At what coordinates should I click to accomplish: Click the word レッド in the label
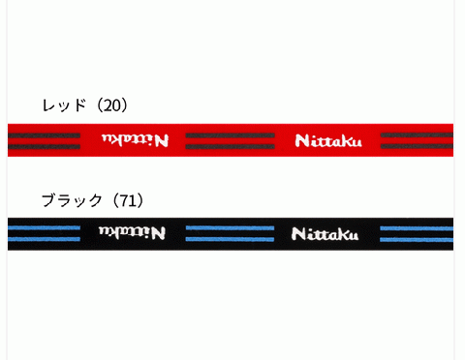(x=64, y=105)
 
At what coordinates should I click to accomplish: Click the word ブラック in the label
(x=72, y=200)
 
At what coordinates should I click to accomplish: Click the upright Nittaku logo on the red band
(x=328, y=142)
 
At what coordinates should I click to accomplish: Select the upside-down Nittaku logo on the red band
(x=133, y=140)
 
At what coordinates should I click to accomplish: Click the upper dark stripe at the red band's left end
(x=44, y=135)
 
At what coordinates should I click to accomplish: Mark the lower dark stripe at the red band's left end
(x=44, y=148)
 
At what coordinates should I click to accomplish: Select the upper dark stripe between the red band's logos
(x=230, y=135)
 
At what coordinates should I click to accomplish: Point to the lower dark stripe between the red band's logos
(x=230, y=148)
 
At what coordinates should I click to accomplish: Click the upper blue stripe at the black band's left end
(x=44, y=228)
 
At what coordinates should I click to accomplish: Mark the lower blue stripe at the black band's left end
(x=44, y=238)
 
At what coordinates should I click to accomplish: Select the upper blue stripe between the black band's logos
(x=230, y=228)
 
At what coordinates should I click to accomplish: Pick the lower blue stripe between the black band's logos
(x=230, y=238)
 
